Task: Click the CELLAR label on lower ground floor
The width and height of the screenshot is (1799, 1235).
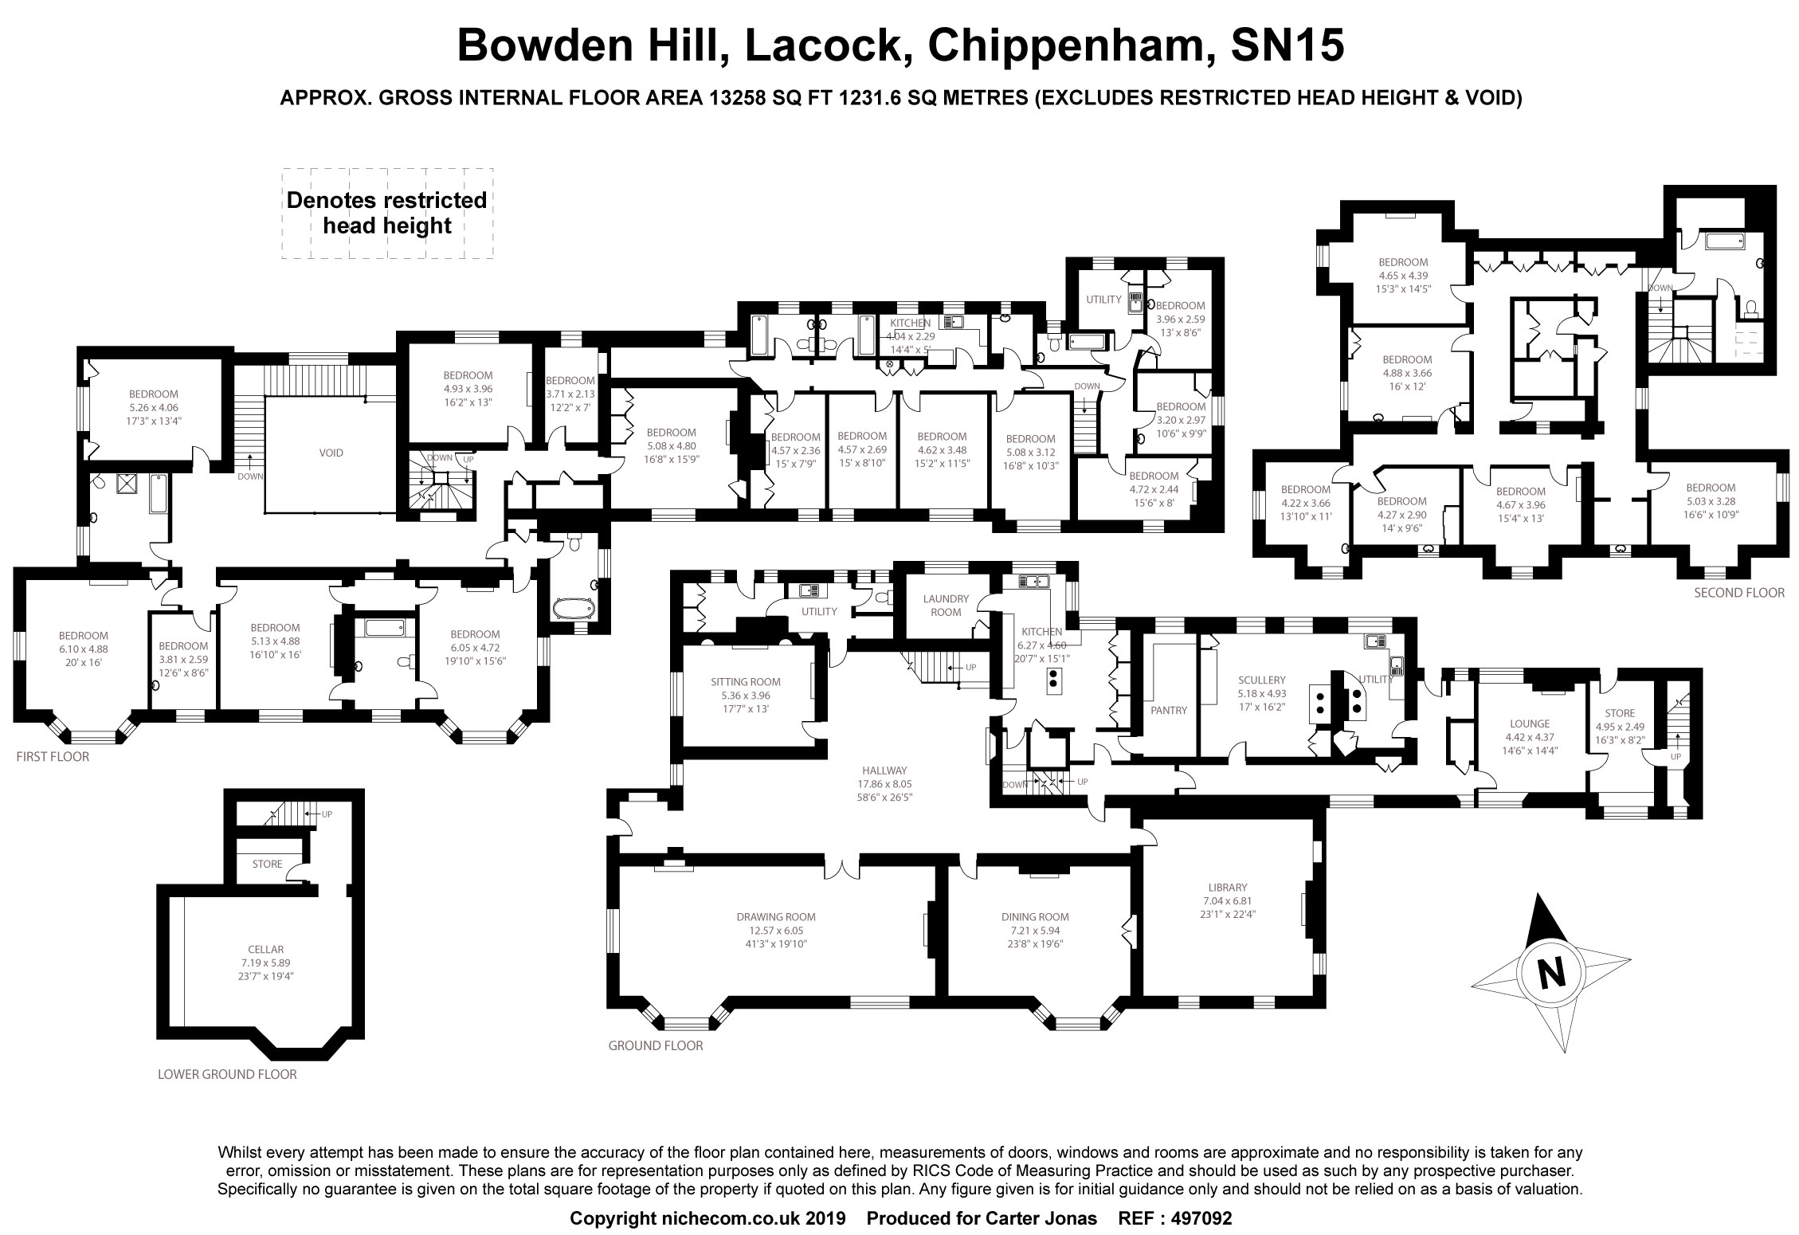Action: (265, 950)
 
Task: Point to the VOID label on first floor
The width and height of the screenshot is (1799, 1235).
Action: (331, 453)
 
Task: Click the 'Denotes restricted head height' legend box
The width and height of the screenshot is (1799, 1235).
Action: (386, 213)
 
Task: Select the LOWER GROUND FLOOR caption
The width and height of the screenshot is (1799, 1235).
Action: (227, 1074)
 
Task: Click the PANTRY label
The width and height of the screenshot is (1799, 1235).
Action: (1169, 710)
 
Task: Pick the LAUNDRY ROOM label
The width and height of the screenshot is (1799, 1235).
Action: (946, 606)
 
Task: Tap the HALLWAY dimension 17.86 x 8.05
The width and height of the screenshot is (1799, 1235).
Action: (884, 783)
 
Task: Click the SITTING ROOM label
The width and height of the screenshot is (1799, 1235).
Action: (746, 682)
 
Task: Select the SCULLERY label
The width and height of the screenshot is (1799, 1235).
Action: (1262, 680)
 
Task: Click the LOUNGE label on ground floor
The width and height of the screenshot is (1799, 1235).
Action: (1530, 723)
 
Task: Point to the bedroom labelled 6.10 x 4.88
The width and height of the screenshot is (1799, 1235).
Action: (84, 649)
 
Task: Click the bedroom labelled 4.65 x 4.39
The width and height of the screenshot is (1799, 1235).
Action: (1403, 275)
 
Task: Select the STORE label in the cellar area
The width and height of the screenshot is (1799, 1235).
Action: (267, 864)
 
